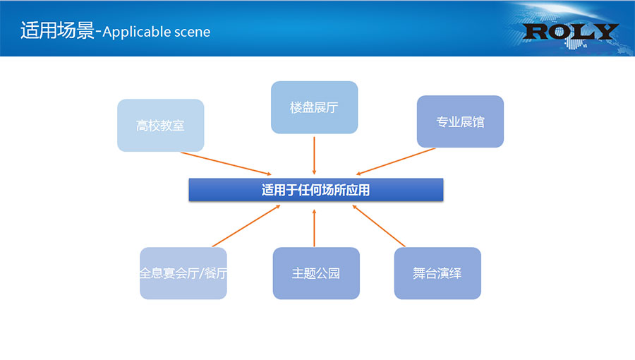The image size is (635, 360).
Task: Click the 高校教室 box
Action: [x=160, y=125]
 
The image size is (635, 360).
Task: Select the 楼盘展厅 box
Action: [x=314, y=107]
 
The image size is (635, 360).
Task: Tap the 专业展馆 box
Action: [x=460, y=121]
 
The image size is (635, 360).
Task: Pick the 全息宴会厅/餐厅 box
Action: [x=183, y=273]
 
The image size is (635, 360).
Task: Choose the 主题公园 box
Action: [x=315, y=273]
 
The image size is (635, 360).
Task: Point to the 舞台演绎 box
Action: [x=437, y=273]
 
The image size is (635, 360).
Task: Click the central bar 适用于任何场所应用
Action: [x=315, y=190]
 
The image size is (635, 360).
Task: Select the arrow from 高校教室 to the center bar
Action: [x=226, y=163]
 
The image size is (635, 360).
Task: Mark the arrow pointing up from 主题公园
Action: [x=314, y=226]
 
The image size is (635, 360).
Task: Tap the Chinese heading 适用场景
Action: [x=57, y=32]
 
